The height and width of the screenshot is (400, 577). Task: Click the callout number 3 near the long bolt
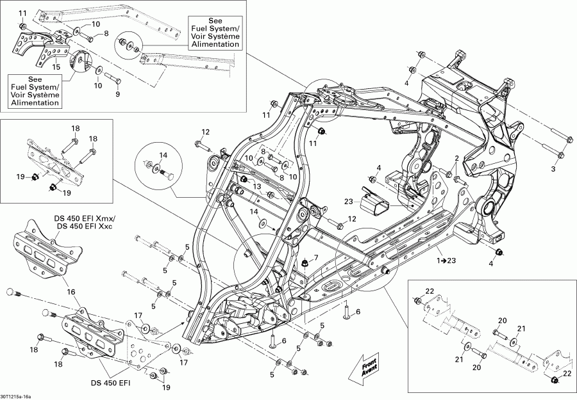[x=553, y=169]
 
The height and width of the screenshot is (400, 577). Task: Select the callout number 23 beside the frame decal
[x=349, y=202]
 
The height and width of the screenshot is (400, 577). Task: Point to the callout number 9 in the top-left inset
[x=117, y=95]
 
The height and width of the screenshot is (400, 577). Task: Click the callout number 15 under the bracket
[x=56, y=67]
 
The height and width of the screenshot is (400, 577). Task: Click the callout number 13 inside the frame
[x=256, y=186]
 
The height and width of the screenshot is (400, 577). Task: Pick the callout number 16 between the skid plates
[x=71, y=292]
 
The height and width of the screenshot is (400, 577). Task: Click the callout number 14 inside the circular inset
[x=163, y=156]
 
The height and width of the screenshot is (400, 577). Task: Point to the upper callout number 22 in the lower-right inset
[x=430, y=292]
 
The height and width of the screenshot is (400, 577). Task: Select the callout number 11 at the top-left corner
[x=23, y=13]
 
